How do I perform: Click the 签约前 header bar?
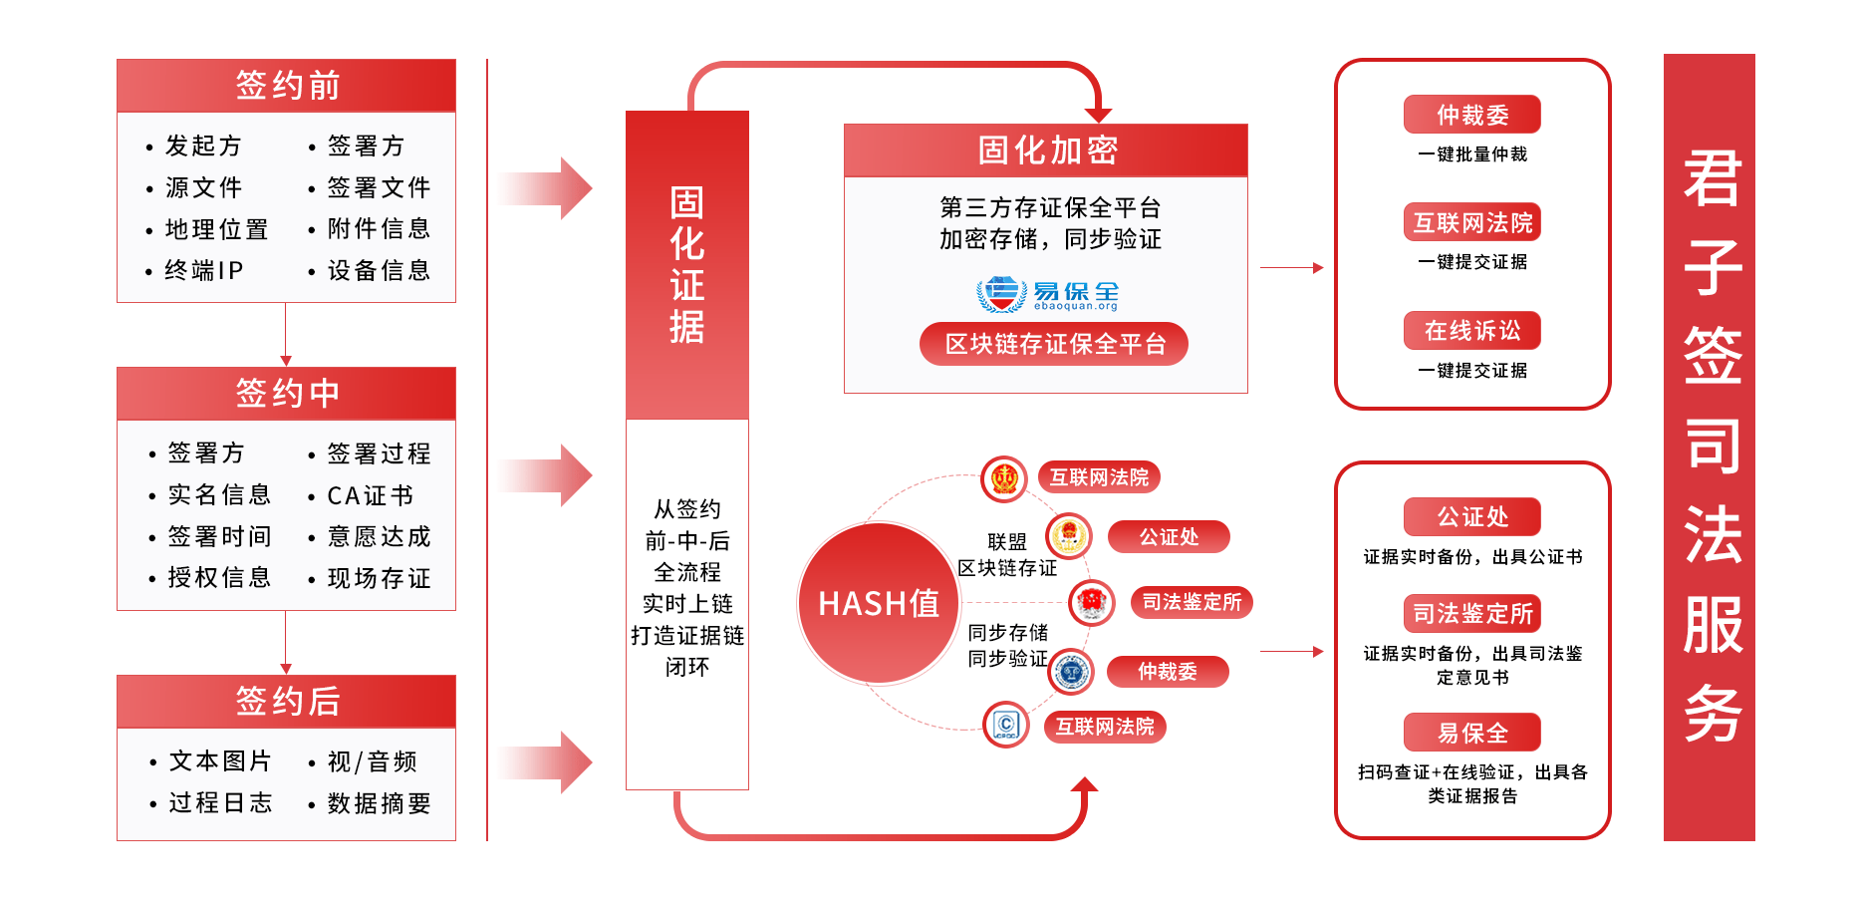(286, 86)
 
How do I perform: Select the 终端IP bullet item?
(203, 270)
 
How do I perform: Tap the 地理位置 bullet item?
(216, 229)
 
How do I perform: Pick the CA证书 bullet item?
(370, 495)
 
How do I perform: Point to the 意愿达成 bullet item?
(379, 536)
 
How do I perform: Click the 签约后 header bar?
(286, 702)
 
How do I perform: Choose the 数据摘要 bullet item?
(379, 803)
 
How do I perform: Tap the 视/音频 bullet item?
(372, 761)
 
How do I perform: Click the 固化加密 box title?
(1046, 151)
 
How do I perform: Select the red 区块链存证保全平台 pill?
(1054, 344)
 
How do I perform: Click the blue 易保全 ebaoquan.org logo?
(1047, 295)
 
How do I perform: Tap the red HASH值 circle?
(878, 603)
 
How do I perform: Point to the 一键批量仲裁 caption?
(1472, 154)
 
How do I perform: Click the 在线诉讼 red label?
(1472, 331)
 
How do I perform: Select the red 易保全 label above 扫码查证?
(1472, 733)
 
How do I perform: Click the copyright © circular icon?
(1006, 725)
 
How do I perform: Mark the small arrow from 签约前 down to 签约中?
(286, 335)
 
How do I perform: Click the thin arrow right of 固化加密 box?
(1291, 268)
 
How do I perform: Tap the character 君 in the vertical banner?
(1712, 179)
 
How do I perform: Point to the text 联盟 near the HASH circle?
(1006, 542)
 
